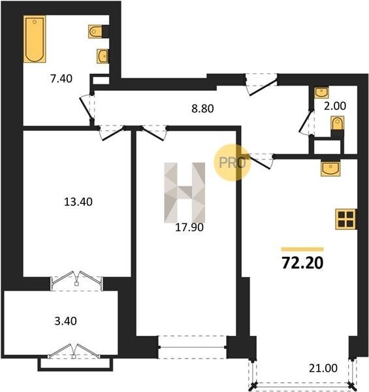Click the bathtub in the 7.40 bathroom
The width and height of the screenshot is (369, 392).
click(x=35, y=39)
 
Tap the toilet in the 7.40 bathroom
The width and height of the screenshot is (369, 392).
click(x=95, y=31)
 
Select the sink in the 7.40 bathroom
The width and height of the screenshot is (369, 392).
click(x=103, y=56)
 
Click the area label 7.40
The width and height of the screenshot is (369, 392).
click(x=61, y=79)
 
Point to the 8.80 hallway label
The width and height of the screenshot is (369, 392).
click(x=202, y=108)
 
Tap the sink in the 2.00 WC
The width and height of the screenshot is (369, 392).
click(x=321, y=93)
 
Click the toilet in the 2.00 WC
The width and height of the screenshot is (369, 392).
click(x=337, y=123)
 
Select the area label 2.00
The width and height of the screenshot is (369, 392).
click(x=335, y=106)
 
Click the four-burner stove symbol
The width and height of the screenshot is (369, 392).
click(x=345, y=219)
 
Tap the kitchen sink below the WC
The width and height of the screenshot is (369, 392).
click(x=330, y=169)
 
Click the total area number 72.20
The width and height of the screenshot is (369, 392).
click(x=302, y=263)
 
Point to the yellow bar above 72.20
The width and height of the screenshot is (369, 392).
click(x=302, y=249)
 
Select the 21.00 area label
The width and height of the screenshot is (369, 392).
click(x=323, y=368)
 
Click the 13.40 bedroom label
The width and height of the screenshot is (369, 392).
click(x=78, y=202)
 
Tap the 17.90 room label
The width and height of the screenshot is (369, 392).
click(x=189, y=227)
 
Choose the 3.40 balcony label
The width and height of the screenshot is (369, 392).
click(x=66, y=321)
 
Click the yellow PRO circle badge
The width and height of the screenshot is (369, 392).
click(x=232, y=163)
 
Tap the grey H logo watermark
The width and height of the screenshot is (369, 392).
click(x=185, y=193)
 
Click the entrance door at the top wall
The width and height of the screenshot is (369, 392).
click(x=261, y=84)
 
